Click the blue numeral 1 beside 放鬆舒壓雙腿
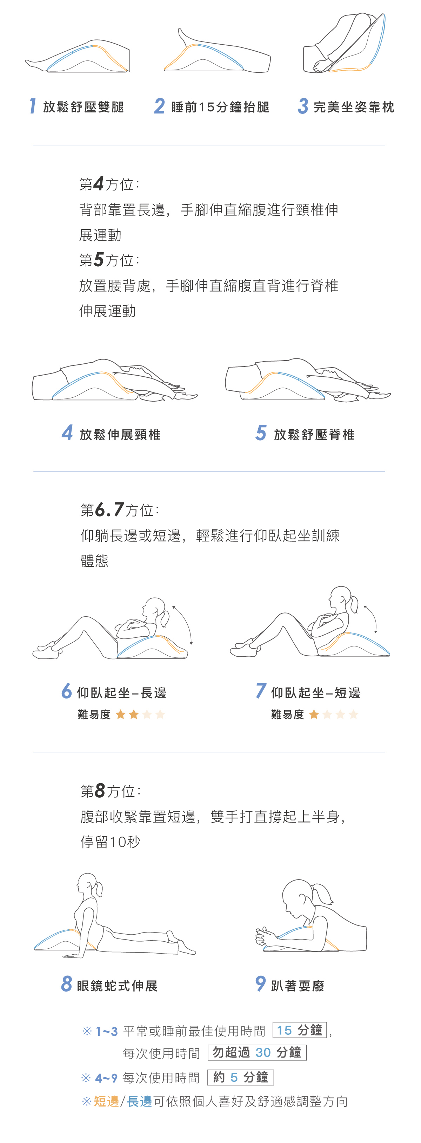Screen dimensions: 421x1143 (x=32, y=106)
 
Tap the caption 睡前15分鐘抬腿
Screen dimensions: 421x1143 (x=220, y=107)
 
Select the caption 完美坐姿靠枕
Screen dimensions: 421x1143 (x=354, y=107)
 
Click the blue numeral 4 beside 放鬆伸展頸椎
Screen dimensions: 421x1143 (x=67, y=433)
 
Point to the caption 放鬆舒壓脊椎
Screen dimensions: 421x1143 (x=314, y=434)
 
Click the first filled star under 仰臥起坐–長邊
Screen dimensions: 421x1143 (x=120, y=714)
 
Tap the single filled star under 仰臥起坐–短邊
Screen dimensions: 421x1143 (x=314, y=714)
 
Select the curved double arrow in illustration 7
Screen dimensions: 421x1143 (x=373, y=617)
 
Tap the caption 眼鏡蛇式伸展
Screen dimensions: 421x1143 (x=117, y=986)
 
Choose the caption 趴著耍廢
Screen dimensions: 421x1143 (x=298, y=986)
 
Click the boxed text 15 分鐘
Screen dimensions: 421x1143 (x=300, y=1030)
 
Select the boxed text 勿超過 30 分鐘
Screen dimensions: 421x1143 (x=257, y=1052)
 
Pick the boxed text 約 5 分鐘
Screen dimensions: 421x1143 (x=241, y=1077)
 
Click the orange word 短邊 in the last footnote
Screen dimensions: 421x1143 (x=106, y=1101)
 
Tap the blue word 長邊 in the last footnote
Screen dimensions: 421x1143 (x=140, y=1101)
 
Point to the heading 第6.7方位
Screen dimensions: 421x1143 (x=120, y=510)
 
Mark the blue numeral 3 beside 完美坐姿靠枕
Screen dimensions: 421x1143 (x=303, y=106)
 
